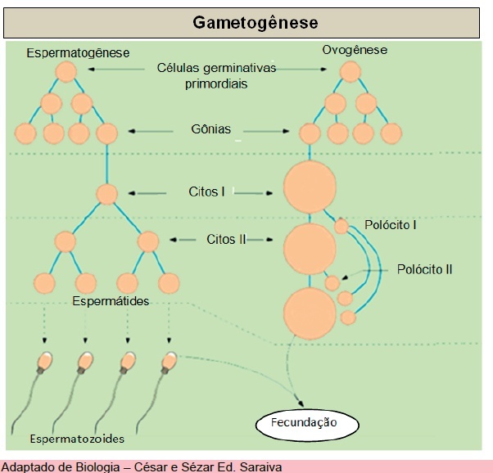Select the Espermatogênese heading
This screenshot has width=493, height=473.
coord(78,53)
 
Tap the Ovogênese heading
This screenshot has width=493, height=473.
coord(354,51)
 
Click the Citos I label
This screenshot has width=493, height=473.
coord(208,193)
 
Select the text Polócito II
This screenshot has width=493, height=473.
coord(424,268)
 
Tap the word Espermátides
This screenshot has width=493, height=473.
coord(111,301)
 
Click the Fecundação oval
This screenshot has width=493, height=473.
coord(304,423)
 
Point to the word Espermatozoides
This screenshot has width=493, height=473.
coord(78,439)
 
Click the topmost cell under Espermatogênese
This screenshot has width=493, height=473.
coord(66,72)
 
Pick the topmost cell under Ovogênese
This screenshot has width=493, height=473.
coord(351,72)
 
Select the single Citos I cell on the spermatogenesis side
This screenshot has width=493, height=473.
coord(107,194)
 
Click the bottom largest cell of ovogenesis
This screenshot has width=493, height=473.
coord(309,312)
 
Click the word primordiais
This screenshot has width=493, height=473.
coord(216,83)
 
